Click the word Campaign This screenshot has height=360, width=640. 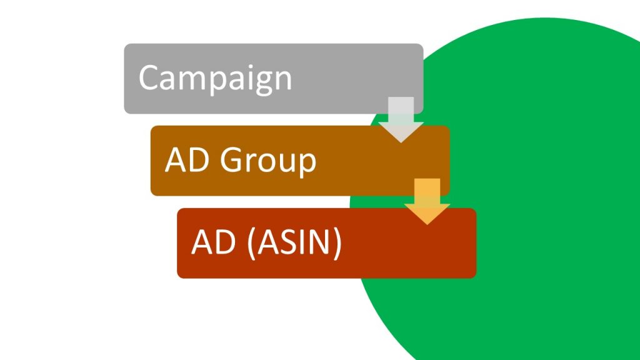pos(215,78)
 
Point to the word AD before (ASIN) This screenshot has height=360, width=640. pos(209,242)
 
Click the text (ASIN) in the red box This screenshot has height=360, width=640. pos(294,243)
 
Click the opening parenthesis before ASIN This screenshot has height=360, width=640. pos(250,243)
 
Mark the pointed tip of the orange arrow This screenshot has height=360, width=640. pos(427,223)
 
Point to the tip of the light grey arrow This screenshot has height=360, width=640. pos(401,141)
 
